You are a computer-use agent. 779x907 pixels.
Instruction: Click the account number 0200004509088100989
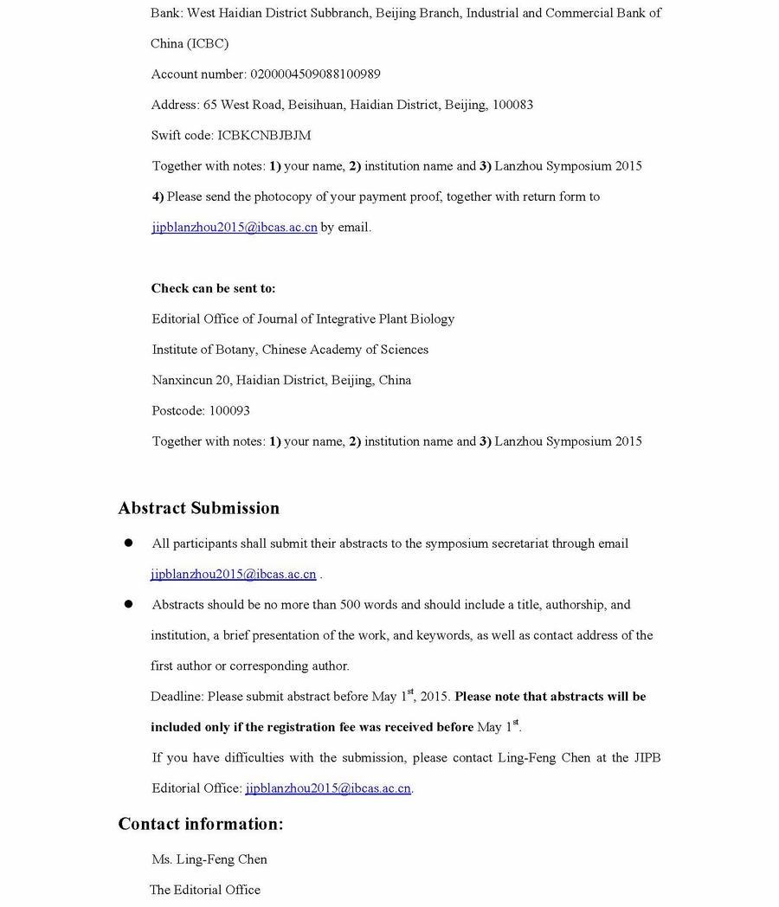click(x=315, y=74)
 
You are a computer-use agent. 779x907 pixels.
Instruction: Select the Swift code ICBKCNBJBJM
click(x=264, y=136)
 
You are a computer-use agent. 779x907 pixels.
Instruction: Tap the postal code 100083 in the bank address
click(x=512, y=105)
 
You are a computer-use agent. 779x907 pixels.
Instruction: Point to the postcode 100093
click(x=229, y=411)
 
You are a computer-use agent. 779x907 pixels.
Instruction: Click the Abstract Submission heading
click(x=199, y=508)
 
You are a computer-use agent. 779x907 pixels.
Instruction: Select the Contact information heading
click(x=201, y=824)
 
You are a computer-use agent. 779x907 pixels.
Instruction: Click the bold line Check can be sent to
click(x=213, y=288)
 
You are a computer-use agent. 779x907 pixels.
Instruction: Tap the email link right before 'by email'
click(x=234, y=228)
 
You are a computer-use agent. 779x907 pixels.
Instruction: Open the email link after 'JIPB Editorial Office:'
click(x=328, y=788)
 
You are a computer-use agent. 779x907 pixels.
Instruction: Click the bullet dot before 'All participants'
click(x=129, y=544)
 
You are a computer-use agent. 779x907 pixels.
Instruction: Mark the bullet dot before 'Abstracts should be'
click(x=129, y=604)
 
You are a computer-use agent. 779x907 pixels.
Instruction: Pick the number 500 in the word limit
click(x=351, y=605)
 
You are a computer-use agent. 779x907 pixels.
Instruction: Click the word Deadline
click(x=177, y=697)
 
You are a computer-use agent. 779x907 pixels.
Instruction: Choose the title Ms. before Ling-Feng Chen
click(x=162, y=859)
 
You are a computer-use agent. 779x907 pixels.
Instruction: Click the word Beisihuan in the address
click(x=316, y=105)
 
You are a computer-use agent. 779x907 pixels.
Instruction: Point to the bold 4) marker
click(x=158, y=196)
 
